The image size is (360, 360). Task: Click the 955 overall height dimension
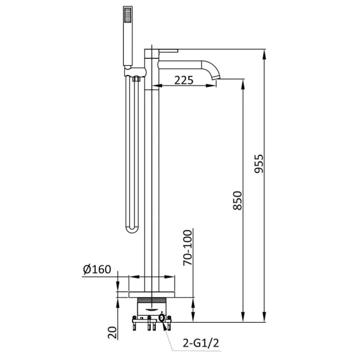259,164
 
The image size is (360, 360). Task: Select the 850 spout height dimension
238,200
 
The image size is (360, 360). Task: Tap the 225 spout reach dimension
184,80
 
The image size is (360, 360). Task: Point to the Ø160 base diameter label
97,269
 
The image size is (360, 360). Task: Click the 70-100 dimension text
188,248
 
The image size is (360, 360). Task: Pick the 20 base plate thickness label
113,333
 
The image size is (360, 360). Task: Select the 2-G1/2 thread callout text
201,343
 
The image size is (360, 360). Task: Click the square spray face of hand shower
128,15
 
